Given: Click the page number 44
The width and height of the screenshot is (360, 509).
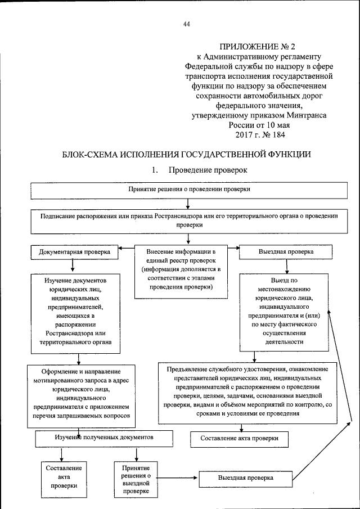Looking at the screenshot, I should coord(187,24).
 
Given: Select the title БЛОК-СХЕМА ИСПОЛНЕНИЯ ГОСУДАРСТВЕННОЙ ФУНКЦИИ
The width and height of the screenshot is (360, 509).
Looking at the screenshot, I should coord(179,154).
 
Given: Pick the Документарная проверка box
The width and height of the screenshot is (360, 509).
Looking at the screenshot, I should coord(78,252).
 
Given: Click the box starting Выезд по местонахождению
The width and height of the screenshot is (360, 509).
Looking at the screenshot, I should coord(286,311).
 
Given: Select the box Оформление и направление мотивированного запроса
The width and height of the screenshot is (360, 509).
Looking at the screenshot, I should coord(82,393).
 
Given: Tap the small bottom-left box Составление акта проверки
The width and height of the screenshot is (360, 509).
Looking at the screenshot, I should coord(63,478).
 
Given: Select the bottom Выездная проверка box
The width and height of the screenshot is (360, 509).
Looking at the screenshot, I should coord(246,478).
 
